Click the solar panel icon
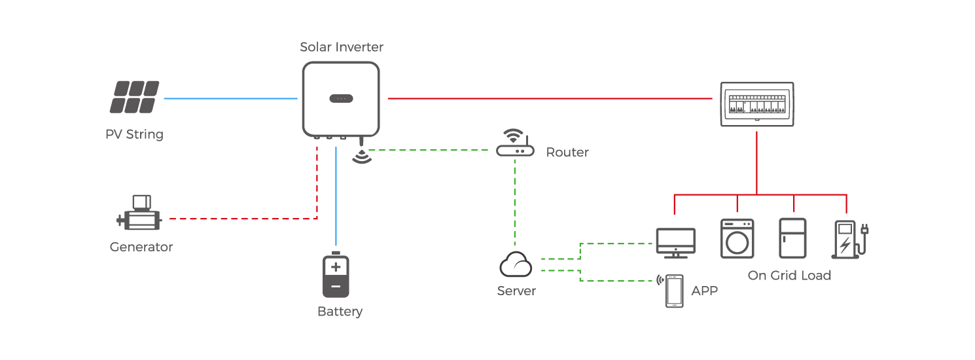point(135,97)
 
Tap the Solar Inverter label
point(341,47)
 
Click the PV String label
point(135,135)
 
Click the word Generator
point(141,247)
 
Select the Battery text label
point(340,312)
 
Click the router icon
point(515,145)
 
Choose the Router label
point(567,153)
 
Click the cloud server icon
point(516,265)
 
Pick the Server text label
point(516,291)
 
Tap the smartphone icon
point(675,291)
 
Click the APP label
point(705,291)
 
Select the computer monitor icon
point(675,242)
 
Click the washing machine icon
point(737,238)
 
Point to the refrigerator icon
point(792,238)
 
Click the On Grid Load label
point(789,276)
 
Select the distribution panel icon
point(757,104)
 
